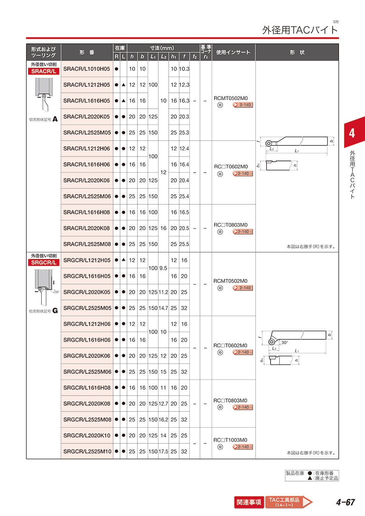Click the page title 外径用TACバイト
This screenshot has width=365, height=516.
[x=300, y=30]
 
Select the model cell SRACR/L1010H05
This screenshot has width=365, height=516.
[x=87, y=69]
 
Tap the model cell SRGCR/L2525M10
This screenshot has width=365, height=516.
[x=87, y=451]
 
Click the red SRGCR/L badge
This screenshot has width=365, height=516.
[x=43, y=262]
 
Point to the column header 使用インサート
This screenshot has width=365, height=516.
[x=233, y=53]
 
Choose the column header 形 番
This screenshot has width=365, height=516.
[x=87, y=53]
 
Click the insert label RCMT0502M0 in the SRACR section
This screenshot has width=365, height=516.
[x=230, y=98]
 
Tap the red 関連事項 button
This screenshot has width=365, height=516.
[x=249, y=502]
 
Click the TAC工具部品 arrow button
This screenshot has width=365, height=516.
[x=288, y=502]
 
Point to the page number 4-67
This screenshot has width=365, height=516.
[x=345, y=503]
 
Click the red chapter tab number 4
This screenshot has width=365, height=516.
[x=352, y=133]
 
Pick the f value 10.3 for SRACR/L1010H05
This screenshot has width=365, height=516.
[x=184, y=69]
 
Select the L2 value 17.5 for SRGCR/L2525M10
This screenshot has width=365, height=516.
[x=163, y=451]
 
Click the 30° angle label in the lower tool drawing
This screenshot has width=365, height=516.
[x=284, y=343]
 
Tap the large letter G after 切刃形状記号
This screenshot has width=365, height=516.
[x=55, y=311]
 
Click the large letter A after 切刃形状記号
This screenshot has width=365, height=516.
[x=55, y=120]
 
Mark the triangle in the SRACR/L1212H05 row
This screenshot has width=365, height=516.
[x=123, y=84]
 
